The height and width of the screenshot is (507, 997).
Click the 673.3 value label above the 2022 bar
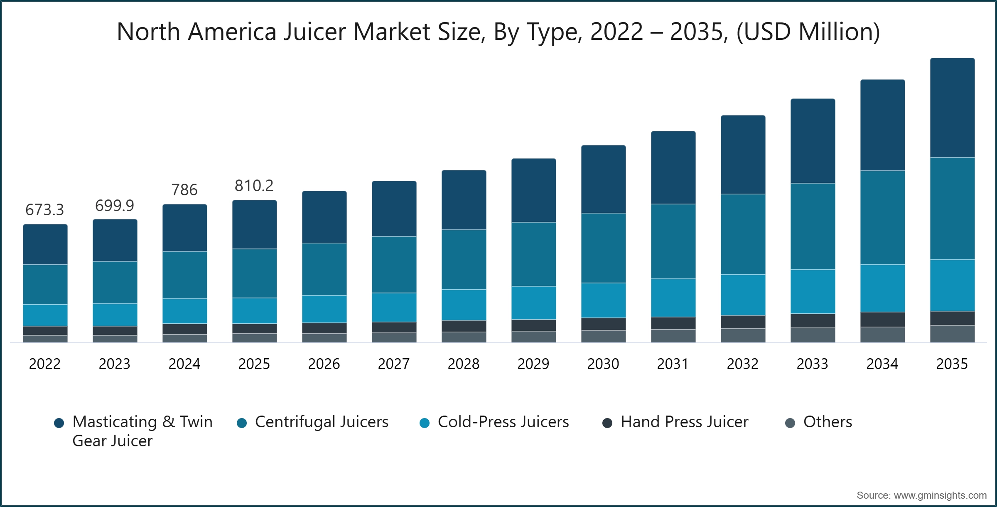[x=45, y=210]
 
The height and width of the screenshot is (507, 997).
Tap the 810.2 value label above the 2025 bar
[x=254, y=186]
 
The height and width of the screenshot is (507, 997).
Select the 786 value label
[x=184, y=190]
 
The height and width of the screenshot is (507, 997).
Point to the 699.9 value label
[x=115, y=206]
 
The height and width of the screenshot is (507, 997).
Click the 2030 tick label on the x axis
[x=603, y=364]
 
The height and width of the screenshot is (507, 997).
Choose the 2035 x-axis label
[x=952, y=364]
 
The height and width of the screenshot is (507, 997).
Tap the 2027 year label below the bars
[x=394, y=364]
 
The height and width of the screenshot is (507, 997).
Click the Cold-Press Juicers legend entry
[x=503, y=422]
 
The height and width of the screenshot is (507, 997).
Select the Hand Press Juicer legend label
[x=684, y=422]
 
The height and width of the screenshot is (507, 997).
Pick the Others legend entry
[x=828, y=422]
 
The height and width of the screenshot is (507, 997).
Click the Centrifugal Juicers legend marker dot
[x=242, y=423]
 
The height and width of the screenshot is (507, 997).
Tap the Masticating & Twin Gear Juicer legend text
[x=142, y=431]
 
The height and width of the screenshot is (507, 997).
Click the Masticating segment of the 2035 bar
[x=952, y=108]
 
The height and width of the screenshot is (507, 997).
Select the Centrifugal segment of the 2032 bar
[x=743, y=234]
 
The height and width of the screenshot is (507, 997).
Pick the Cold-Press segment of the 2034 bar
[x=882, y=288]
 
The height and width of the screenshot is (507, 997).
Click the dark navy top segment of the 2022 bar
[x=45, y=245]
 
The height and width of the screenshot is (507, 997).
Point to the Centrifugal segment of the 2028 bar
[x=464, y=260]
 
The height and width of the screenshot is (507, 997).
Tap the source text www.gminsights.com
[x=940, y=495]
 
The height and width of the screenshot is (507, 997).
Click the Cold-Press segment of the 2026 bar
[x=324, y=309]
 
